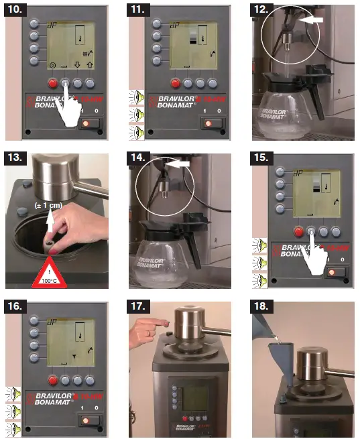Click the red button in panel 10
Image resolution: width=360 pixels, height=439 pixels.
point(52,83)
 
